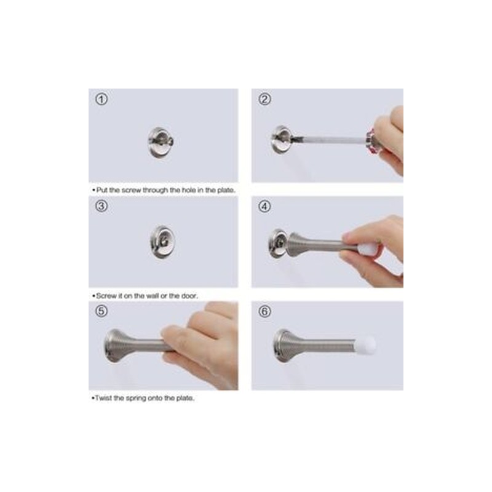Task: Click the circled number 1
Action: point(101,99)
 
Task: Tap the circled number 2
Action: point(264,99)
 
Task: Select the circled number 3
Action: point(101,206)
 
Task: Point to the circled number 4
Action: point(264,207)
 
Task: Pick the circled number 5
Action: point(101,311)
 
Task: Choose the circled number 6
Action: point(264,312)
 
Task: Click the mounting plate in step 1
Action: point(161,142)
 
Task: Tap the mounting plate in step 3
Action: point(162,242)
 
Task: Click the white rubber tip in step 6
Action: point(366,344)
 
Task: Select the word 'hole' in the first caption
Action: point(189,190)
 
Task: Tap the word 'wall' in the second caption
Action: point(152,296)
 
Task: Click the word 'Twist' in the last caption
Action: point(103,398)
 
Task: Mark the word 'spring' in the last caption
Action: point(136,399)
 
